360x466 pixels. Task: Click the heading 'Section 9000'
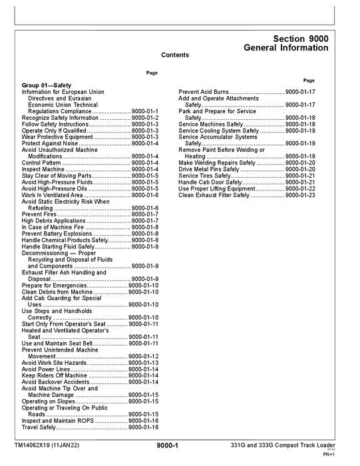click(300, 39)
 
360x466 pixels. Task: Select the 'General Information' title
click(285, 49)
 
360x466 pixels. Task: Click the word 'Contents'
click(175, 55)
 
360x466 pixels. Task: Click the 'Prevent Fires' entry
click(40, 214)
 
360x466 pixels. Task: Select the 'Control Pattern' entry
click(41, 162)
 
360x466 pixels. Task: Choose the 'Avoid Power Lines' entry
click(46, 369)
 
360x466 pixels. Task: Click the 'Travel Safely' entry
click(39, 427)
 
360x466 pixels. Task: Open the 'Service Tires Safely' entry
click(204, 176)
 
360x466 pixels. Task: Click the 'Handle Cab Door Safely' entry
click(209, 182)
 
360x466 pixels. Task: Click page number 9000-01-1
click(145, 111)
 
